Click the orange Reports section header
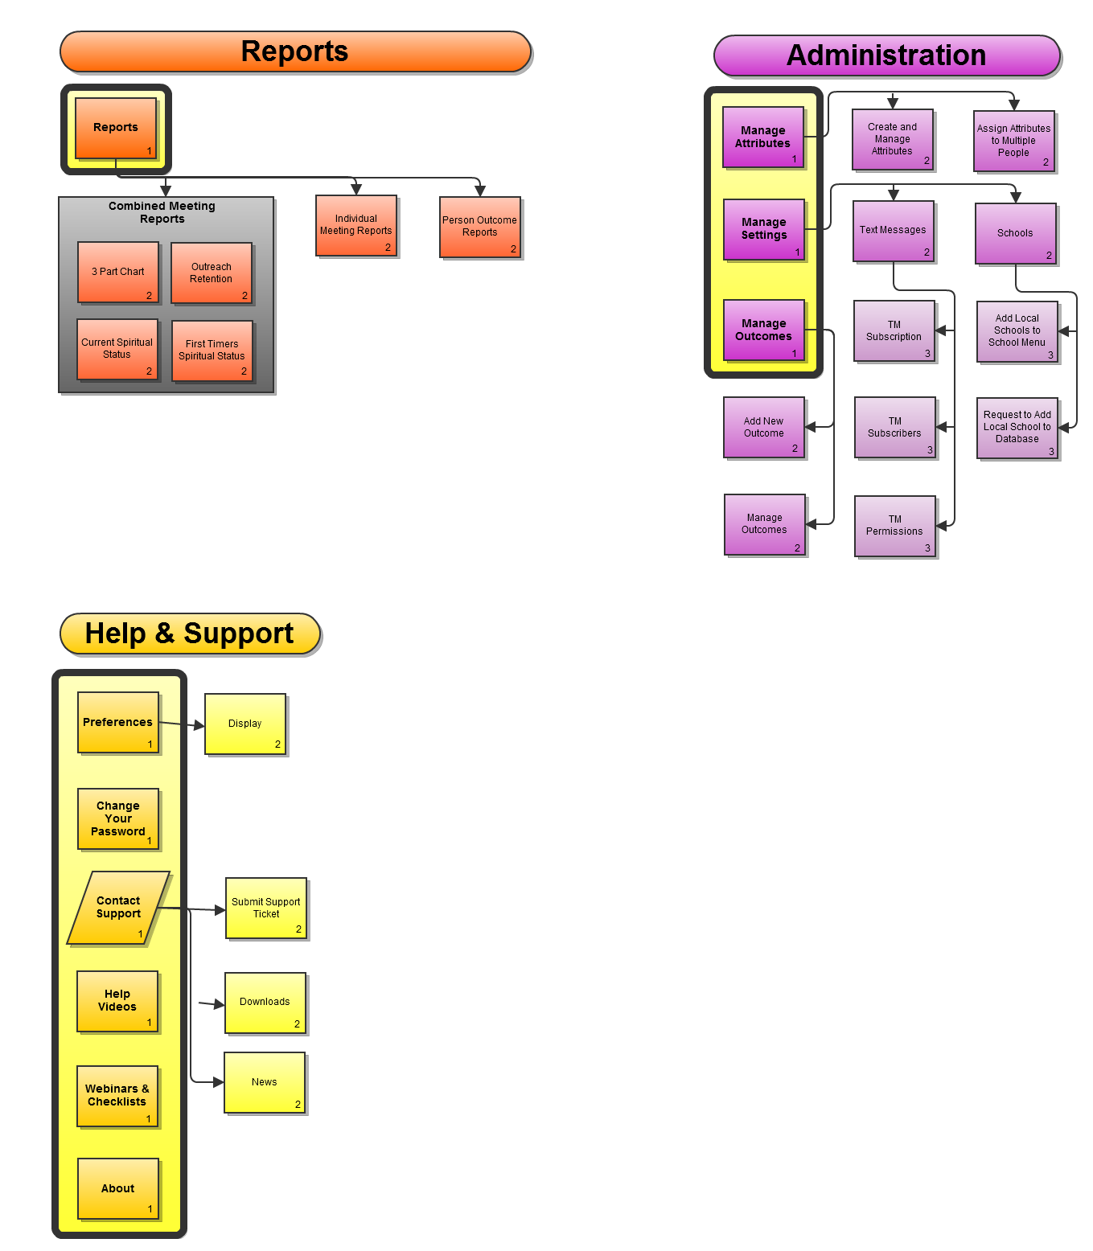click(x=295, y=52)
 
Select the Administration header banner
click(x=886, y=55)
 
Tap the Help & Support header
click(x=190, y=634)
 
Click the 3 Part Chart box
click(x=118, y=272)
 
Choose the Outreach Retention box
click(x=212, y=273)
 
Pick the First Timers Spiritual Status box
click(x=212, y=351)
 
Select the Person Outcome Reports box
click(x=480, y=227)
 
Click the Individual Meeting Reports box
click(x=356, y=225)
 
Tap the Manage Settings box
click(x=764, y=229)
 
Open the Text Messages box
click(x=894, y=231)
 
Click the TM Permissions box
click(x=895, y=526)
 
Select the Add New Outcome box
click(x=764, y=428)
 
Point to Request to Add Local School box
click(x=1017, y=428)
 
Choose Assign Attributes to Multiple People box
click(x=1013, y=141)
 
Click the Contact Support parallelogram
click(x=118, y=908)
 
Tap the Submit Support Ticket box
click(x=266, y=909)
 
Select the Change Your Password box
click(x=118, y=818)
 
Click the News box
click(x=265, y=1082)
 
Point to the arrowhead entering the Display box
click(x=199, y=725)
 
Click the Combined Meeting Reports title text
click(x=162, y=212)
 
